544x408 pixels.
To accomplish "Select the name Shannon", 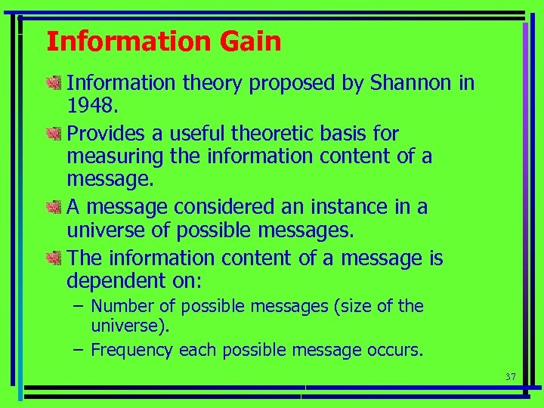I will tap(412, 83).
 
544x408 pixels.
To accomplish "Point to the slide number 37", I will tap(510, 376).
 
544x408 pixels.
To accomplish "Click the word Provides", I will tap(105, 134).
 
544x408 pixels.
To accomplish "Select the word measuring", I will tap(104, 156).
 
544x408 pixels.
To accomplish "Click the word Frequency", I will tap(131, 350).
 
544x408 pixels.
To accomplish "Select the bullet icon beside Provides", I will tap(53, 134).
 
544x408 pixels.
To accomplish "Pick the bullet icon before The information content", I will tap(53, 258).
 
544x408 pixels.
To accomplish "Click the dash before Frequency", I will tap(79, 350).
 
